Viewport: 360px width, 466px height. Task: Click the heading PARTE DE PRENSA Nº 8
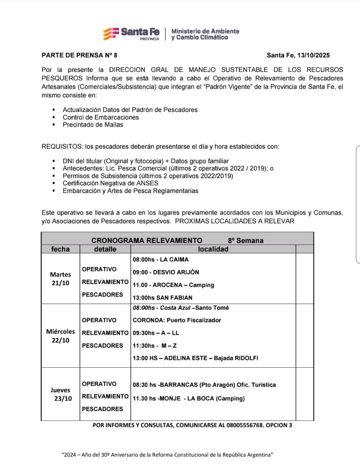pyautogui.click(x=79, y=55)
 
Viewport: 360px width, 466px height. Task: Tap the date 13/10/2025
pyautogui.click(x=313, y=55)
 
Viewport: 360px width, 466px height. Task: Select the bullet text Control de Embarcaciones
pyautogui.click(x=101, y=117)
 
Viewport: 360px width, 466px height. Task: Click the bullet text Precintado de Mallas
pyautogui.click(x=93, y=125)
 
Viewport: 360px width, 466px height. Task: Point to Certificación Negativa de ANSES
pyautogui.click(x=110, y=183)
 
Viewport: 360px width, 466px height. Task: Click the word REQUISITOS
pyautogui.click(x=62, y=146)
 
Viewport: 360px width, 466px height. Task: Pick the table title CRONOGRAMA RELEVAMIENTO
pyautogui.click(x=147, y=240)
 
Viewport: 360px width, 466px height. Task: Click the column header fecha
pyautogui.click(x=60, y=249)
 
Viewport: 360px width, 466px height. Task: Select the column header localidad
pyautogui.click(x=213, y=249)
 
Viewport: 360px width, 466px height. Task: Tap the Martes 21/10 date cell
pyautogui.click(x=60, y=279)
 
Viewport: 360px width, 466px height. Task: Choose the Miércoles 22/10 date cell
pyautogui.click(x=60, y=336)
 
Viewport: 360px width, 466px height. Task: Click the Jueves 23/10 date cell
pyautogui.click(x=61, y=394)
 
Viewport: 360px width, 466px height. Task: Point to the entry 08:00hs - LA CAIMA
pyautogui.click(x=160, y=259)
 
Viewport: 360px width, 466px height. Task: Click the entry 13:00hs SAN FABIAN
pyautogui.click(x=162, y=298)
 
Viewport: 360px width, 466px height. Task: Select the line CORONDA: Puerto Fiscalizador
pyautogui.click(x=177, y=320)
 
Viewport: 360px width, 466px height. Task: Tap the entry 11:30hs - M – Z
pyautogui.click(x=155, y=346)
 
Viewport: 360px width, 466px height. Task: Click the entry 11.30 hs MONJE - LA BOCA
pyautogui.click(x=189, y=398)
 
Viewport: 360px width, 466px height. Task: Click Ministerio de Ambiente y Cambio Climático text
pyautogui.click(x=205, y=34)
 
